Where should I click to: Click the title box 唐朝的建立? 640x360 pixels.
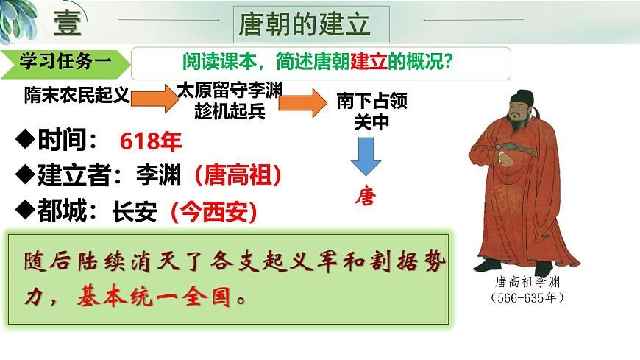pyautogui.click(x=303, y=25)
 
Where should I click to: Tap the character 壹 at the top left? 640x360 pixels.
pyautogui.click(x=68, y=24)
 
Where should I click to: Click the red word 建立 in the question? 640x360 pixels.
pyautogui.click(x=370, y=63)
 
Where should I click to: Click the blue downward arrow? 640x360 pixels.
pyautogui.click(x=364, y=158)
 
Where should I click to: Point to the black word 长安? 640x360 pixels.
pyautogui.click(x=135, y=212)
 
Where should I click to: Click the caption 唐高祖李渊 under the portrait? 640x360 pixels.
pyautogui.click(x=526, y=282)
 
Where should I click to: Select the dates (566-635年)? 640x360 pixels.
pyautogui.click(x=526, y=298)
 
